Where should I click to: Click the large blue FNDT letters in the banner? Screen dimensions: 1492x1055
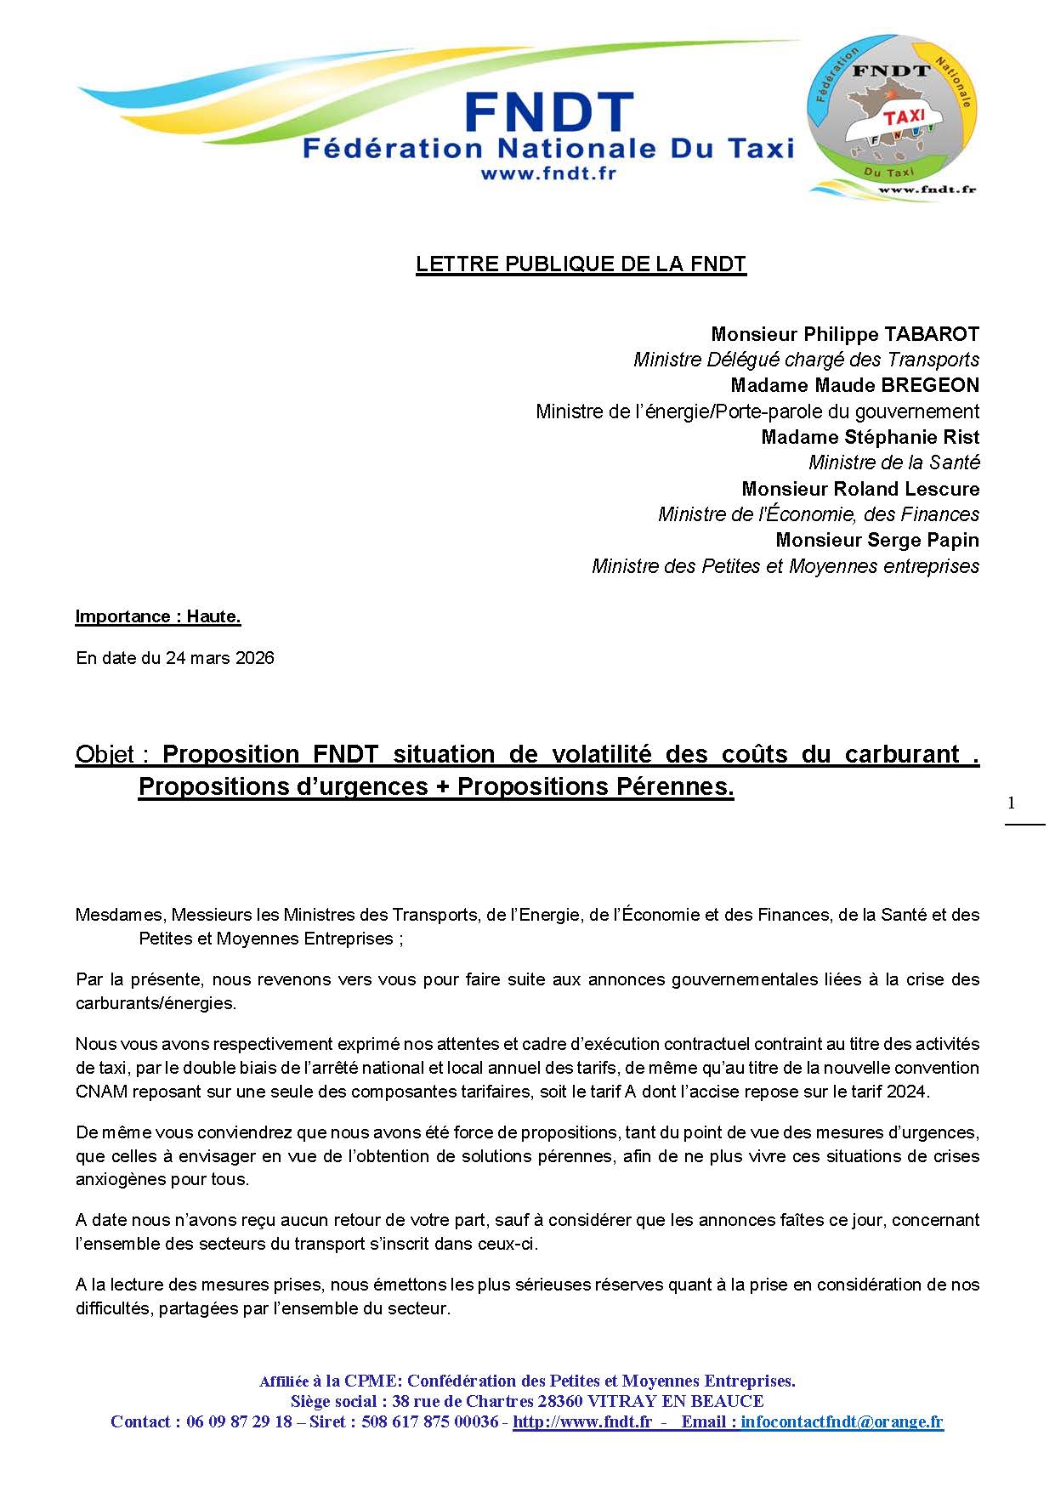548,114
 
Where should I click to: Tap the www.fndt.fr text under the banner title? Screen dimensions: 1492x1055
548,173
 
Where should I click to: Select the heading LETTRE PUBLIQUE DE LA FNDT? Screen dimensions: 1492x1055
581,264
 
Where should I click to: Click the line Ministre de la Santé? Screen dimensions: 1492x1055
893,462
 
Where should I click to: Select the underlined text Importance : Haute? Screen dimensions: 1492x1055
158,616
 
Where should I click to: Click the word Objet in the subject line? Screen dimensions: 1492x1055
105,754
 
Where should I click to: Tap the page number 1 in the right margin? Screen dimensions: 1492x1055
1011,803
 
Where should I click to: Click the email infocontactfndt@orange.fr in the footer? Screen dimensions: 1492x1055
842,1421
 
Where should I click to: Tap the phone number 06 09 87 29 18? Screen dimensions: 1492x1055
239,1421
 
